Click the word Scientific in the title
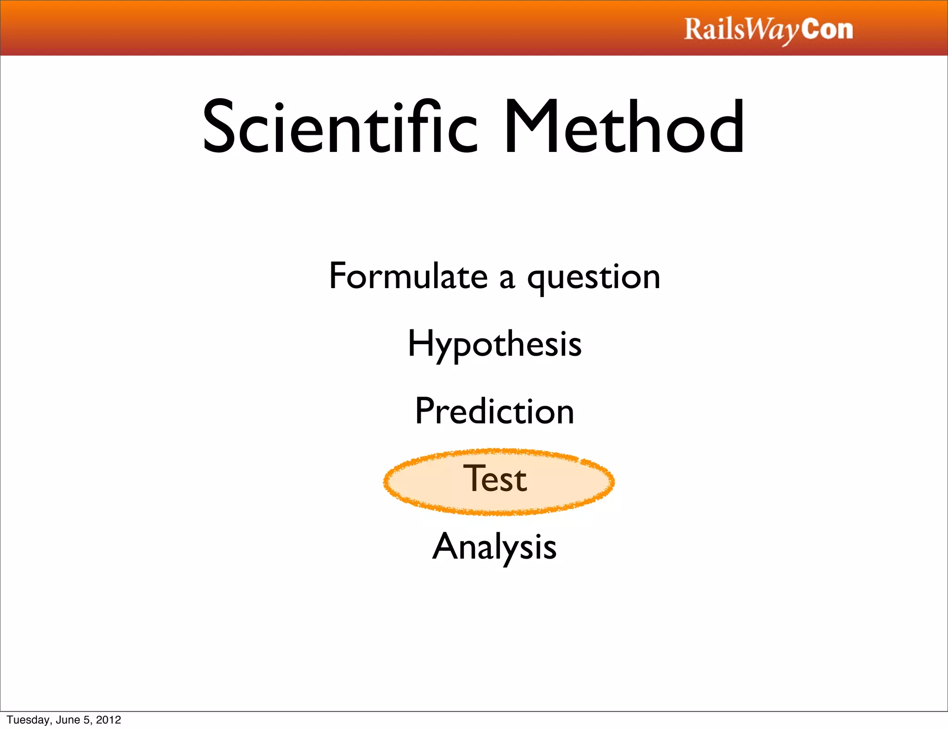click(340, 127)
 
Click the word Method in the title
click(624, 127)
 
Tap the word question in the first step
click(594, 278)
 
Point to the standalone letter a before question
click(507, 279)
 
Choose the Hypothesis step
click(494, 345)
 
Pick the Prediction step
click(494, 411)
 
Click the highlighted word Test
click(495, 479)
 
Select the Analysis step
click(494, 547)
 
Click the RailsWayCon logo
click(768, 30)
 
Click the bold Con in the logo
click(827, 29)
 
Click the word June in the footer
click(68, 720)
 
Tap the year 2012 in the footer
click(108, 720)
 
